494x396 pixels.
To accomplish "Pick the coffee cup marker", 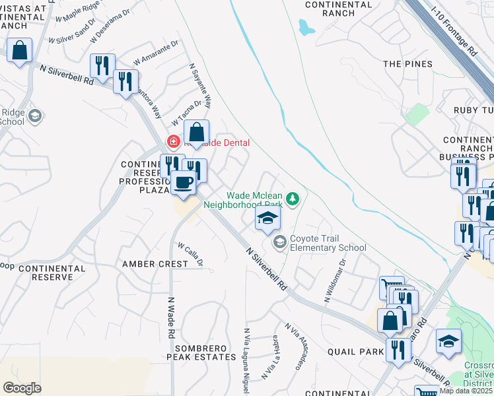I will (183, 182).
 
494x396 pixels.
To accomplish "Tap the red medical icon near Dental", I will (173, 141).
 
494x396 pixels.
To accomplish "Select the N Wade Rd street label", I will (170, 318).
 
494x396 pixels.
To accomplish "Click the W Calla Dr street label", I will (189, 252).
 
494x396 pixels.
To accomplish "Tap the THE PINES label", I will (408, 64).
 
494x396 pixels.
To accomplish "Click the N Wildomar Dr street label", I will (335, 280).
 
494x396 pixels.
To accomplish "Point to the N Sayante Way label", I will (201, 86).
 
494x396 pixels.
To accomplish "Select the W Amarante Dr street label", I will (157, 52).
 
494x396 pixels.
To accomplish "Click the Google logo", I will (22, 387).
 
